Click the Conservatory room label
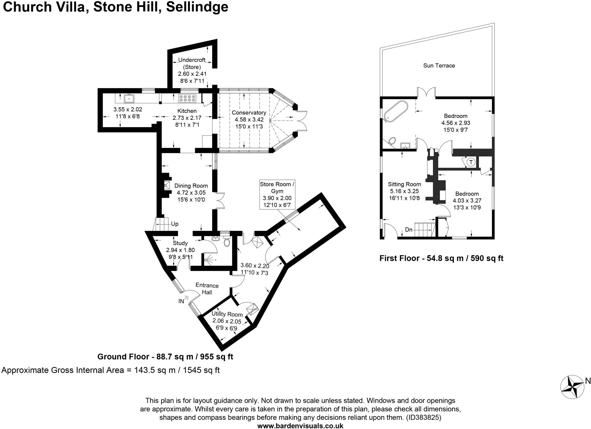[249, 113]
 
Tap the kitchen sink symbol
[129, 98]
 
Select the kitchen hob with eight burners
[188, 98]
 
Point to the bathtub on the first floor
[396, 110]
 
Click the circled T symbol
[471, 162]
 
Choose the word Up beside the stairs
[175, 224]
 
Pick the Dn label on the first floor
[409, 230]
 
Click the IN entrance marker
[181, 301]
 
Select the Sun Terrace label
[439, 65]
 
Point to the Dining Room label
[191, 186]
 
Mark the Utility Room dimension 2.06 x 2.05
[227, 321]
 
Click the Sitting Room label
[404, 184]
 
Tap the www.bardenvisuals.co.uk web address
[300, 426]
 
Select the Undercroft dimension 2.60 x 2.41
[192, 74]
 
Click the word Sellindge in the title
[197, 7]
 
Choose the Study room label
[180, 243]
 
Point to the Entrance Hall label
[207, 289]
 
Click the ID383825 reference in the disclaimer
[423, 417]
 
